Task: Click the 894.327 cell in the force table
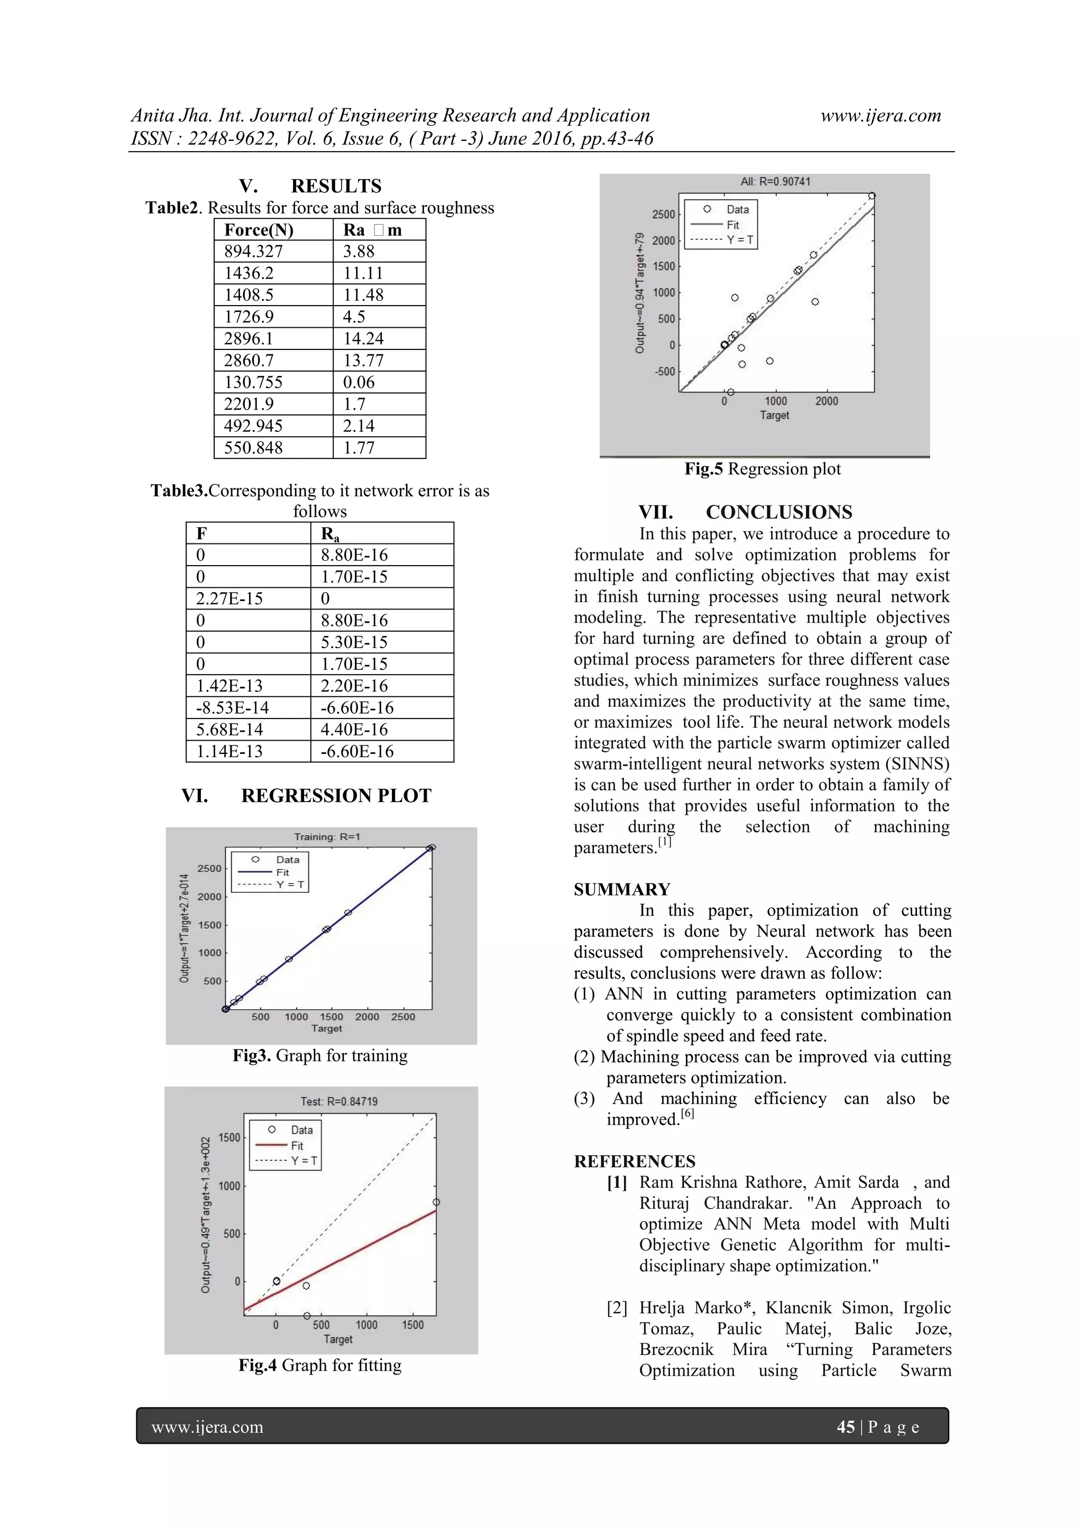coord(254,252)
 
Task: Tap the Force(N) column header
coord(259,230)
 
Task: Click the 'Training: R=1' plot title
coord(327,837)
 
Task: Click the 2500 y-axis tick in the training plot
coord(209,868)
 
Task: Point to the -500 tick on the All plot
coord(664,372)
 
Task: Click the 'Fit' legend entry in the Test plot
coord(297,1146)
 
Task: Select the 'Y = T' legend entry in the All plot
coord(740,240)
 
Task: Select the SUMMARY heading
coord(621,890)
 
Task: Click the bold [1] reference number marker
coord(616,1182)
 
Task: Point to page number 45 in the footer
coord(845,1427)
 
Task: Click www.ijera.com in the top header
coord(880,115)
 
